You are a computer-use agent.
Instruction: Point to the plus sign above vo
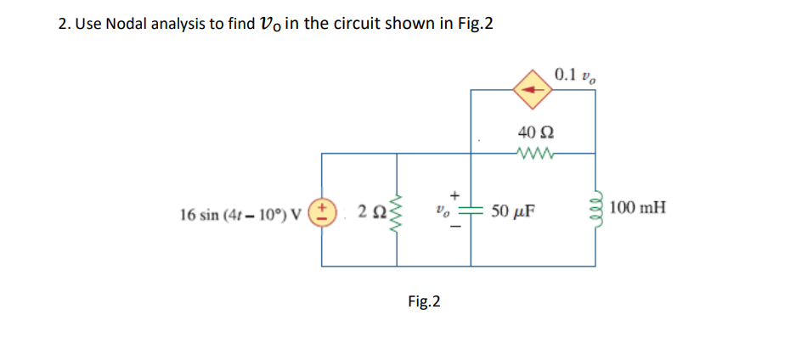click(x=454, y=194)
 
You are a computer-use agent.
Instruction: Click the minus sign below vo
click(x=454, y=227)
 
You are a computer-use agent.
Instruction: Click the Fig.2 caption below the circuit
click(x=424, y=301)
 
